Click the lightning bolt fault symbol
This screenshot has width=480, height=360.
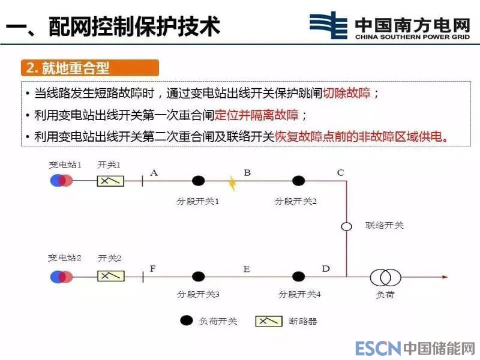[232, 182]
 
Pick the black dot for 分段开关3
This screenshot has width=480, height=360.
[199, 277]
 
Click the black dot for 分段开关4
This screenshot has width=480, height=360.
[297, 277]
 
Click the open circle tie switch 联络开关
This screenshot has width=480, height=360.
[346, 227]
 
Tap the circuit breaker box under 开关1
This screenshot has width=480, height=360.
[110, 180]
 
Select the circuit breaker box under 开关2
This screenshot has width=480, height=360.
[111, 276]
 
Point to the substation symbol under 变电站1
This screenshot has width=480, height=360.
[62, 180]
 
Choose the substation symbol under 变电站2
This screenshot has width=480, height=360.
[62, 277]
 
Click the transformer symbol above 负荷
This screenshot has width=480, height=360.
[385, 277]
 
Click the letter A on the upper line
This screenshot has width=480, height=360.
[154, 173]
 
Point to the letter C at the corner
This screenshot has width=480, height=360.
[340, 173]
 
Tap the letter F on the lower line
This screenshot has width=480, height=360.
[152, 268]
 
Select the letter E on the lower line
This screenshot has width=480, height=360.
[246, 269]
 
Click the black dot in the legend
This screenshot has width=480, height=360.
[187, 320]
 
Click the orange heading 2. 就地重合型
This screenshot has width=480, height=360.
[90, 68]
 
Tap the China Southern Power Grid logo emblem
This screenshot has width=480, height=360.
[328, 25]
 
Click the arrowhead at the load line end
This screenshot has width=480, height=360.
[445, 277]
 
